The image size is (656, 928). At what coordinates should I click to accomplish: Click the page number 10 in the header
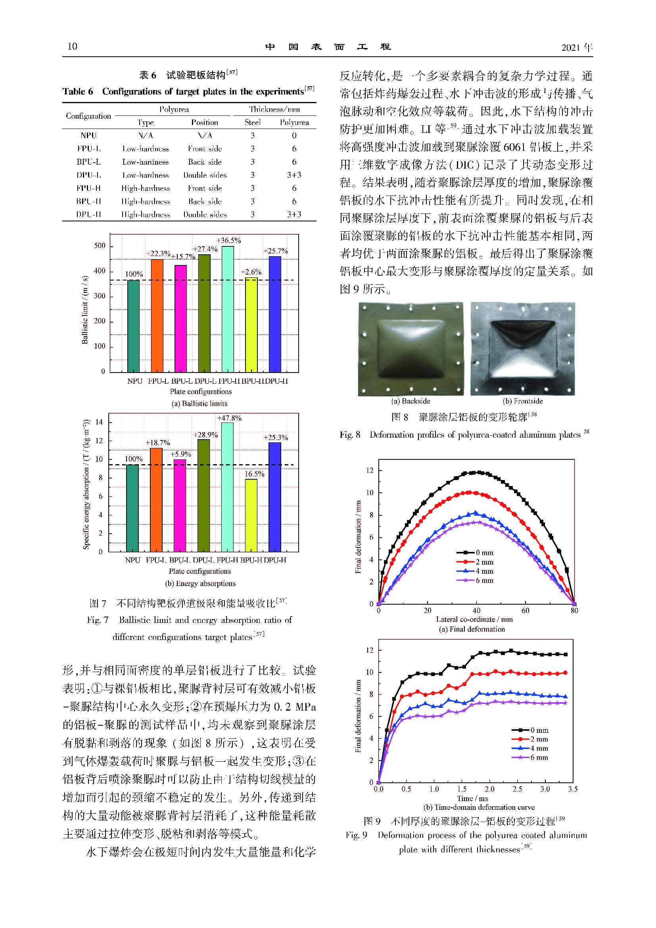pos(72,46)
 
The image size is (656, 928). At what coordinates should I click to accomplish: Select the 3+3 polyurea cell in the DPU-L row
pos(294,175)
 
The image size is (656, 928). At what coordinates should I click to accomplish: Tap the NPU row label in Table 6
pos(88,136)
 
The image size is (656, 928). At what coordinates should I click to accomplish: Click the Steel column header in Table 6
pos(253,123)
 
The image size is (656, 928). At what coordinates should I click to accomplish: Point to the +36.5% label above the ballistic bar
pos(228,240)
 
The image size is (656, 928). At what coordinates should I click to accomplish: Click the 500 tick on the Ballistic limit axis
pos(100,246)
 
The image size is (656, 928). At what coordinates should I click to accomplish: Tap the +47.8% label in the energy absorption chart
pos(229,418)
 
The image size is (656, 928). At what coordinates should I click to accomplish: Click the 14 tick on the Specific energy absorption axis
pos(99,423)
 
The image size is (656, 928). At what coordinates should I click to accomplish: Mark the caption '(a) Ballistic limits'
pos(199,403)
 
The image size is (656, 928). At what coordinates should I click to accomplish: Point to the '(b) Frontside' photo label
pos(522,401)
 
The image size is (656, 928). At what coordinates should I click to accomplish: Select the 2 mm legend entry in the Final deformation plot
pos(478,562)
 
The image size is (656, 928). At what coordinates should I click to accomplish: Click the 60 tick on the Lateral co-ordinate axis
pos(525,610)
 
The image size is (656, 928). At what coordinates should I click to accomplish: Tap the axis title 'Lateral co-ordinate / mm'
pos(474,619)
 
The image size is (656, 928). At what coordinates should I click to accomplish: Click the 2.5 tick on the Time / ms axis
pos(517,789)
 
